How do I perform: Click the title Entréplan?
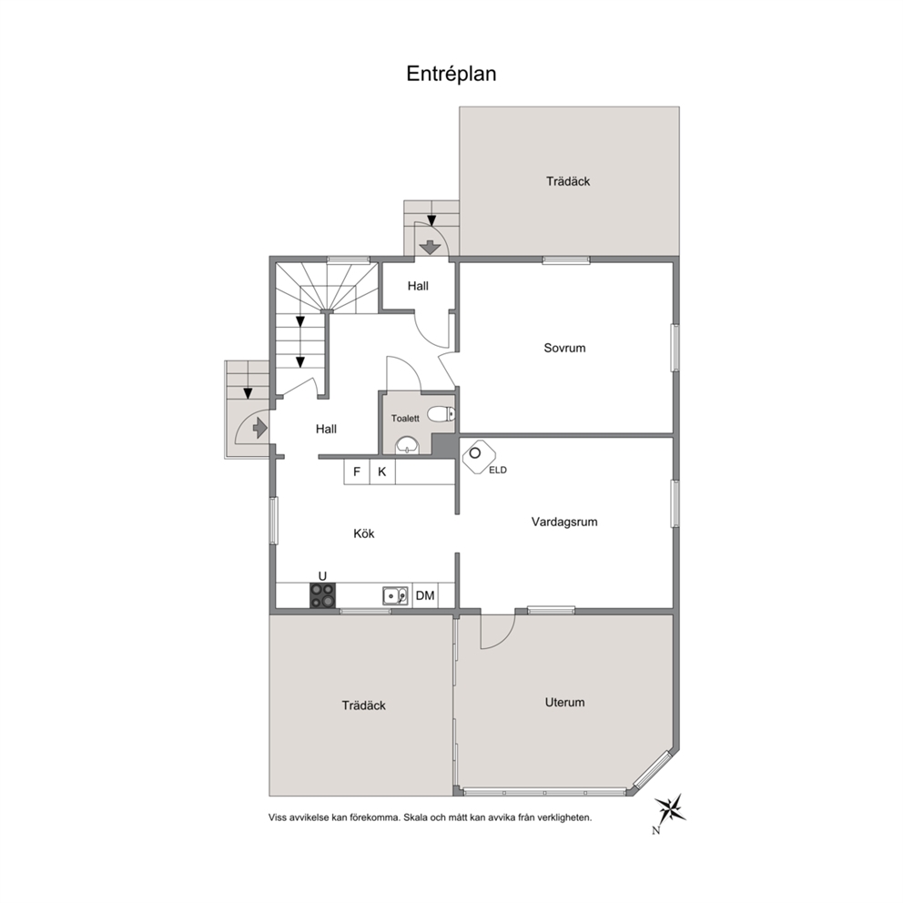click(451, 74)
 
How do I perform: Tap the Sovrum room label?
click(564, 348)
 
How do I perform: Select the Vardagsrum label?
click(564, 522)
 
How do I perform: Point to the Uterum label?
click(564, 702)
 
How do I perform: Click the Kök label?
click(364, 533)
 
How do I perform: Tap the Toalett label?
click(405, 418)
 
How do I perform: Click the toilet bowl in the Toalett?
click(443, 413)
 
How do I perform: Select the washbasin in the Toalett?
click(408, 444)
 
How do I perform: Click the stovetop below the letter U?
click(323, 595)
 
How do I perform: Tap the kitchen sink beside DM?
click(396, 595)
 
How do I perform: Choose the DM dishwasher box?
click(425, 595)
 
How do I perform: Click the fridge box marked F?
click(357, 472)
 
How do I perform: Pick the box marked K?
click(382, 472)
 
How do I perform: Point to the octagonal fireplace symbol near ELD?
click(479, 457)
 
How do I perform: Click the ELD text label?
click(498, 470)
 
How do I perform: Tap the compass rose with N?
click(670, 810)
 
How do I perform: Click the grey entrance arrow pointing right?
click(259, 428)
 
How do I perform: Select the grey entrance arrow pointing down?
click(429, 248)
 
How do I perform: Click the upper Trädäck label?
click(568, 181)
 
